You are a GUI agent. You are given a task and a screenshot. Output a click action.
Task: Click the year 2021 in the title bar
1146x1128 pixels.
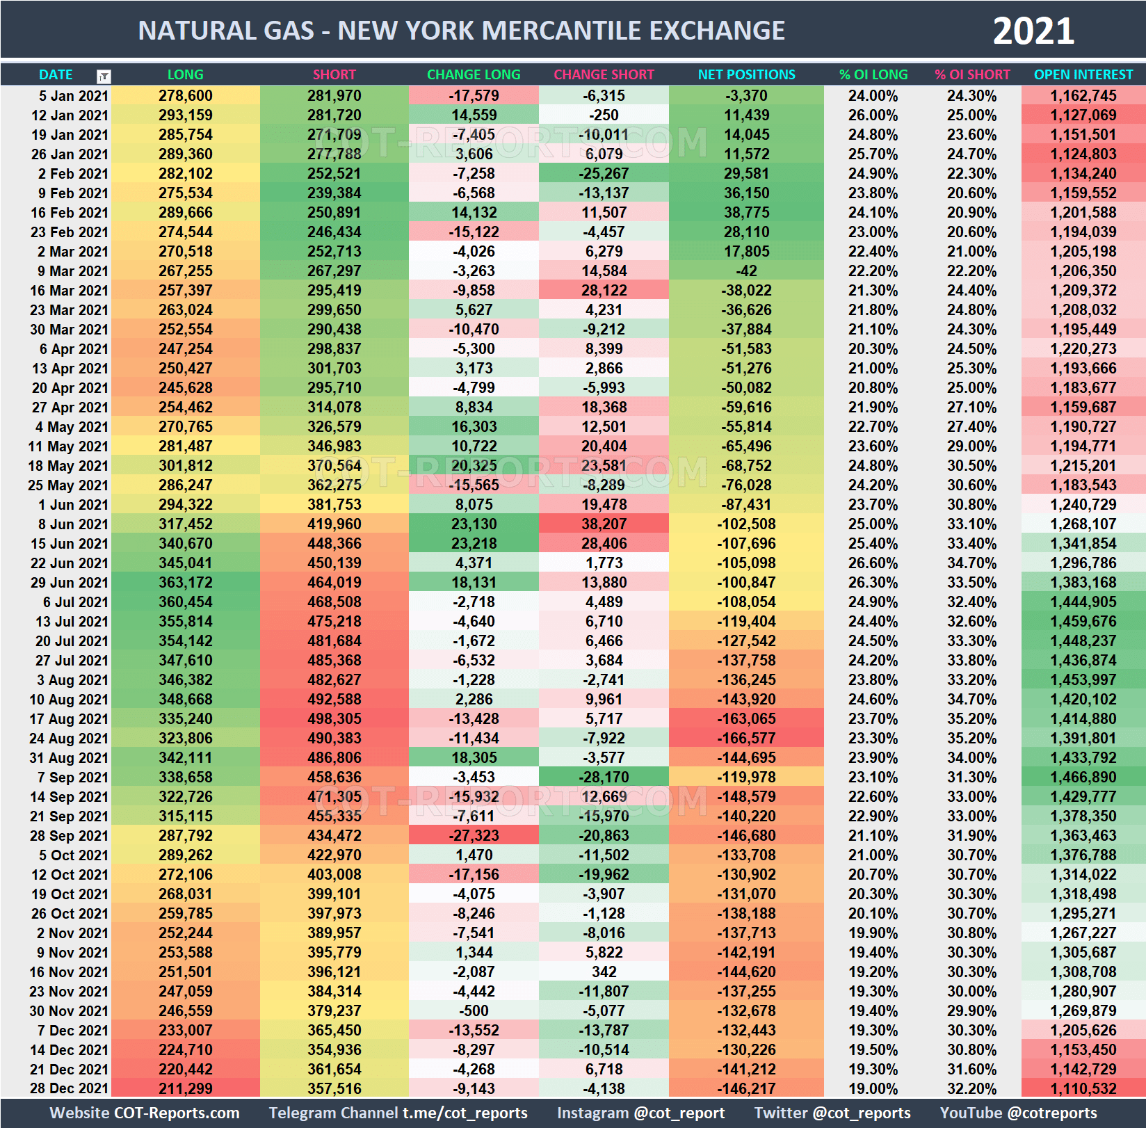[1033, 31]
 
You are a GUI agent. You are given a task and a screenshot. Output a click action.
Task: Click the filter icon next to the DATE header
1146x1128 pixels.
[104, 76]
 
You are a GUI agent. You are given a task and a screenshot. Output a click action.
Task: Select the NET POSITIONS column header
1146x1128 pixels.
[746, 74]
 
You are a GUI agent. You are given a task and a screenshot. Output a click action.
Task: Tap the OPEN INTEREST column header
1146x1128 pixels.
[1083, 74]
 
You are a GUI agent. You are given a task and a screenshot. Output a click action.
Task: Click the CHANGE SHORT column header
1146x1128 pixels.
[604, 74]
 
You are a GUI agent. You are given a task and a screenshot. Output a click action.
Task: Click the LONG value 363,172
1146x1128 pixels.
[185, 583]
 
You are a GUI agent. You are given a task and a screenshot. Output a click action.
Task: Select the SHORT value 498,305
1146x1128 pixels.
[334, 719]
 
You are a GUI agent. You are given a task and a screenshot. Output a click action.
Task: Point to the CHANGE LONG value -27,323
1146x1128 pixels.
[474, 836]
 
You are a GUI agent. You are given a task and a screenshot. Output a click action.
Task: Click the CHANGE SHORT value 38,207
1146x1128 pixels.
[604, 524]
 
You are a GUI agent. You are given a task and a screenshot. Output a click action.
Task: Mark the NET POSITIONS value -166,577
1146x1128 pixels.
[746, 739]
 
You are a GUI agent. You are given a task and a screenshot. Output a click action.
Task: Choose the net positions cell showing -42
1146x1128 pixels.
[746, 271]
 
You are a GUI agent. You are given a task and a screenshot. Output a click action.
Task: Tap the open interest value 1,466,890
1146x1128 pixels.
[1083, 777]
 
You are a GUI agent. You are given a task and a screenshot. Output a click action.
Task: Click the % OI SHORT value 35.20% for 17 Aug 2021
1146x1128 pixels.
[971, 719]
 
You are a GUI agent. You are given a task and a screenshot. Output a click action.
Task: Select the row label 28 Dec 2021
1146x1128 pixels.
[69, 1089]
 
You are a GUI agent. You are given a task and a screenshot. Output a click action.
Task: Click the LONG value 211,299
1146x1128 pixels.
[185, 1089]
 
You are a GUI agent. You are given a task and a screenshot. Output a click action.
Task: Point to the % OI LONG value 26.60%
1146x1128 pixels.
[873, 563]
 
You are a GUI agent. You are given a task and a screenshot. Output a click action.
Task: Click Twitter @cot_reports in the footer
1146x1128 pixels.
[832, 1113]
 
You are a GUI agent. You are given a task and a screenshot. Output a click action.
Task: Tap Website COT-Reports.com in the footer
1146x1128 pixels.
[145, 1113]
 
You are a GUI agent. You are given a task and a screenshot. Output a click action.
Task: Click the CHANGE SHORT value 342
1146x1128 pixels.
[604, 972]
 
